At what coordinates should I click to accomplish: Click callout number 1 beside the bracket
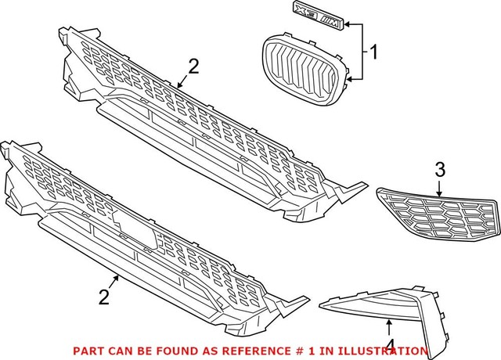coord(374,53)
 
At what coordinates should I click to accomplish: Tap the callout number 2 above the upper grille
coord(193,67)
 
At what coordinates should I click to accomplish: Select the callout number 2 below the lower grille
coord(103,297)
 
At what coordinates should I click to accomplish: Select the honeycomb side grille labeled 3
coord(436,213)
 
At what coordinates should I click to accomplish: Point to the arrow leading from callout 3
coord(439,185)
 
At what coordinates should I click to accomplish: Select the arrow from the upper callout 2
coord(184,78)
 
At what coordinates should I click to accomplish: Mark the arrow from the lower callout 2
coord(113,284)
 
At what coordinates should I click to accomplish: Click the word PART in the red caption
coord(86,351)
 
